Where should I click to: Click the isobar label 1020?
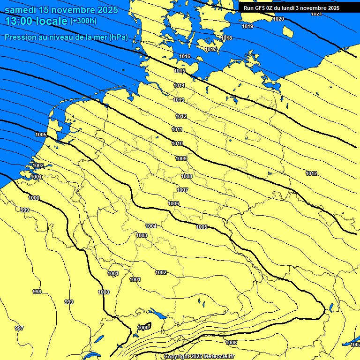(x=278, y=19)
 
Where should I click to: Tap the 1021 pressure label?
(x=316, y=14)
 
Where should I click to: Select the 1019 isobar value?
(x=247, y=26)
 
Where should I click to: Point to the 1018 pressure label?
(x=226, y=38)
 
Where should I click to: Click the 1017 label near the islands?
(x=210, y=49)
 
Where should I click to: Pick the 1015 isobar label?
(x=179, y=71)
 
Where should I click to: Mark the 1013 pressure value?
(x=179, y=100)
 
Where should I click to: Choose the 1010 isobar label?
(x=177, y=143)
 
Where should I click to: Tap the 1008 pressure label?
(x=187, y=176)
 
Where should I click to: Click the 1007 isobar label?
(x=182, y=190)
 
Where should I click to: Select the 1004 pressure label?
(x=151, y=226)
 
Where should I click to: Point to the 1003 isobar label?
(x=142, y=235)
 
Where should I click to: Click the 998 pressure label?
(x=37, y=292)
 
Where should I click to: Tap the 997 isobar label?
(x=19, y=328)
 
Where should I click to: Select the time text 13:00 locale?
(x=37, y=21)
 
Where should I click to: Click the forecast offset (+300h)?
(x=83, y=21)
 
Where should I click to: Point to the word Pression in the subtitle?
(x=20, y=37)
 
